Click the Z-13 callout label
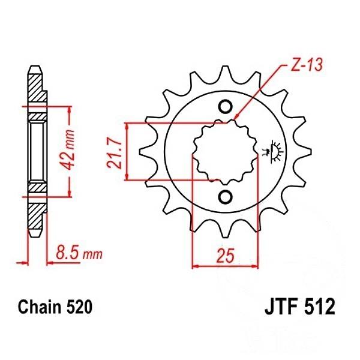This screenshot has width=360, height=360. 306,65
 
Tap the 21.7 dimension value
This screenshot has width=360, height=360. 113,153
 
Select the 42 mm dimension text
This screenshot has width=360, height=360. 68,150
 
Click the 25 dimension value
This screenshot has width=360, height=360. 226,255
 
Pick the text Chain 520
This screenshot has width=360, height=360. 55,307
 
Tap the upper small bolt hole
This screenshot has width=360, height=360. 225,107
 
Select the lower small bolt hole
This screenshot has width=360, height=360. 225,196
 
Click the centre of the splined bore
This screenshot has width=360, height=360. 225,152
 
